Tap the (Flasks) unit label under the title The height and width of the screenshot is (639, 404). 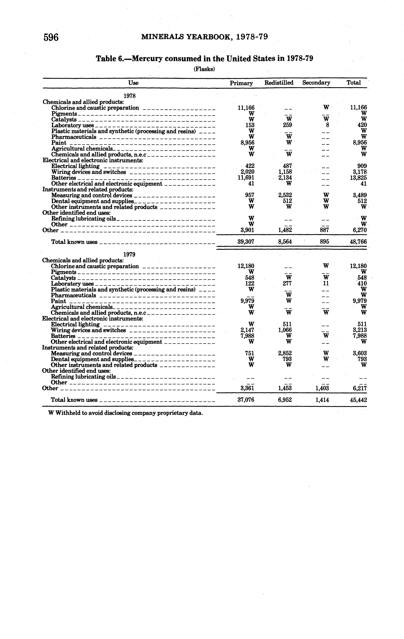click(x=204, y=69)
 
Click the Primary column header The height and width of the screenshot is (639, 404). click(x=241, y=83)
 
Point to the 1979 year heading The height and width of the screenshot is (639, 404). click(x=130, y=254)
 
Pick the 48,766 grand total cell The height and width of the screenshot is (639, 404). click(x=358, y=242)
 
